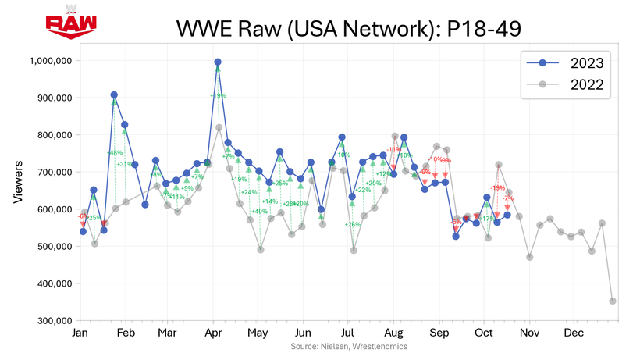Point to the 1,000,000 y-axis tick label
tap(51, 61)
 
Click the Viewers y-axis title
tap(18, 184)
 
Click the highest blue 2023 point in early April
tap(218, 62)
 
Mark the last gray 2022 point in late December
tap(613, 301)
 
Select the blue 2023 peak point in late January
tap(115, 95)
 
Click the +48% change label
tap(116, 153)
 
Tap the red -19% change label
tap(497, 187)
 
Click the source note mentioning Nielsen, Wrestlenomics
tap(349, 346)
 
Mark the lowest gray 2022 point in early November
tap(530, 257)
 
